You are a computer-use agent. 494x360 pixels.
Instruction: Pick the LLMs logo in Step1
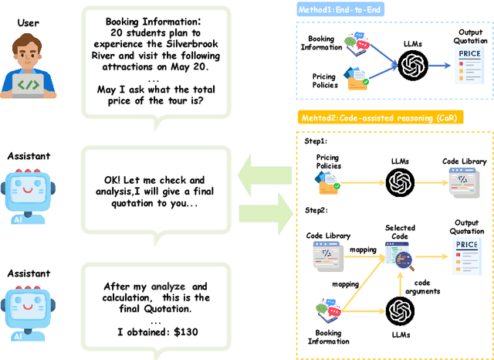400,184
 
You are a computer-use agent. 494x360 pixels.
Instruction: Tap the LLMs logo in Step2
400,311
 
